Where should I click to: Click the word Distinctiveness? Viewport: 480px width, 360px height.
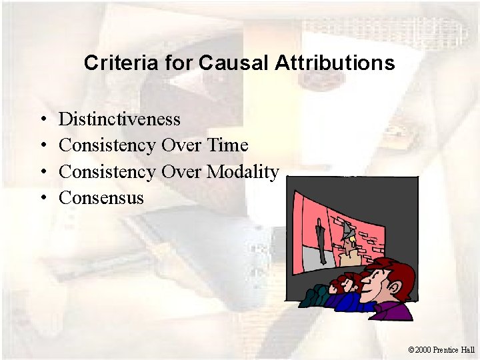tap(119, 119)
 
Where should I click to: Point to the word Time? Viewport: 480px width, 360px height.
tap(227, 145)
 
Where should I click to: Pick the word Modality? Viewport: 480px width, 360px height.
tap(243, 171)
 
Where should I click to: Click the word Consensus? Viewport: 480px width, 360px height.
tap(101, 197)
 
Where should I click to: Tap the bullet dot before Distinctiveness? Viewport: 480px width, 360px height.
tap(41, 120)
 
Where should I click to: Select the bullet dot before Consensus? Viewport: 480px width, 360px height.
tap(41, 198)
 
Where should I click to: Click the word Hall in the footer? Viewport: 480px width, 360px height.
tap(467, 349)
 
